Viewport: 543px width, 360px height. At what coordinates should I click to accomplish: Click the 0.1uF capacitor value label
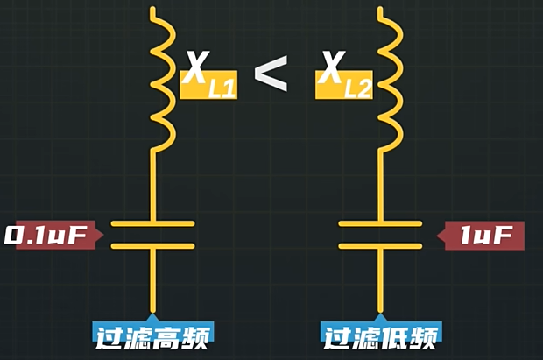point(51,236)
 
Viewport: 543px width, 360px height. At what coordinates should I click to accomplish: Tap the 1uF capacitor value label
point(484,236)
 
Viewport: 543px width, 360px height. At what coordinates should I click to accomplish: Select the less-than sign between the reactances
point(271,74)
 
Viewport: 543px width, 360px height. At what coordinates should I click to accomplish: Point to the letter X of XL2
point(331,67)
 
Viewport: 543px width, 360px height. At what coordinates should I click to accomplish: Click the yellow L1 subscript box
point(210,86)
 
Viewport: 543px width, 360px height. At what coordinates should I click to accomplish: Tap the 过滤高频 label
point(154,335)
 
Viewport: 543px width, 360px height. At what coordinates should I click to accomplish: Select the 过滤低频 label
point(381,335)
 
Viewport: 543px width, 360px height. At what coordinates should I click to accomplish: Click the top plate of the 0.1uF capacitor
point(154,223)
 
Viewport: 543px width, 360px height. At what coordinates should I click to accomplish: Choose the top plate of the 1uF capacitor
point(381,223)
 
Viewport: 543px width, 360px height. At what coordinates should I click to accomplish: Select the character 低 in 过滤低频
point(395,335)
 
